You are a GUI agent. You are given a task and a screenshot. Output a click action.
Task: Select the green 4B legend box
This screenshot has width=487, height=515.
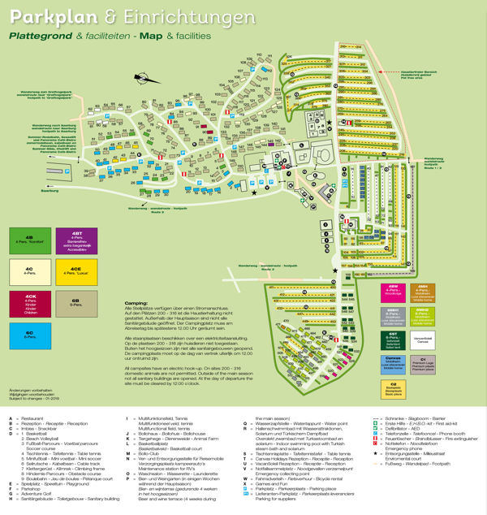[29, 241]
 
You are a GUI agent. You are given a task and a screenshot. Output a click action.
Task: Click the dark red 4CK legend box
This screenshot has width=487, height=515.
[29, 302]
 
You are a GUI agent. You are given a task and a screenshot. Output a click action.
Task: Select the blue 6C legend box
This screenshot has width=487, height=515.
[29, 334]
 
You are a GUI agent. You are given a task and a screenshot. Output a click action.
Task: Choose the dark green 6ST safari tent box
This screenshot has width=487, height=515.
[392, 335]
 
